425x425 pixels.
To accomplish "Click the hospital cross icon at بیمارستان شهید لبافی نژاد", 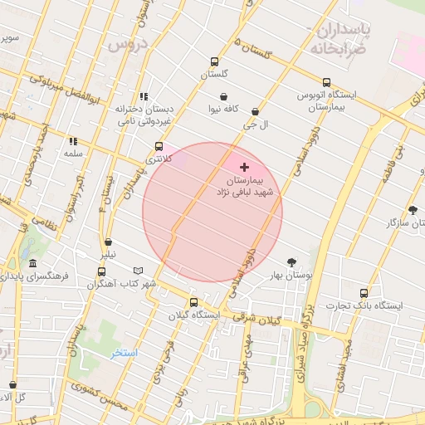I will [244, 167].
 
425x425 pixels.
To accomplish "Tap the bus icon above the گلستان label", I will [215, 61].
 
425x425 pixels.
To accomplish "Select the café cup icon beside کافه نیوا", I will [224, 96].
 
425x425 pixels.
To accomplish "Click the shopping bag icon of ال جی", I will [255, 111].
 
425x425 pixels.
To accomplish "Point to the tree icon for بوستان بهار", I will [291, 261].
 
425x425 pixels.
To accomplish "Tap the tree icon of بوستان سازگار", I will [413, 210].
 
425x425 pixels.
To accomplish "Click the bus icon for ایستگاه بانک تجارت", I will [364, 293].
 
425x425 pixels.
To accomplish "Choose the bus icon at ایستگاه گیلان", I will [193, 303].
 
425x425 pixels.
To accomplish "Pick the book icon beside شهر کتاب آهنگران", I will [138, 271].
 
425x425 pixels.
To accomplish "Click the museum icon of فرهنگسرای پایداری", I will [32, 263].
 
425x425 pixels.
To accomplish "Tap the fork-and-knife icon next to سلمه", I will [73, 141].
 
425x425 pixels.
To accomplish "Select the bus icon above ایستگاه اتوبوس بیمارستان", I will [326, 82].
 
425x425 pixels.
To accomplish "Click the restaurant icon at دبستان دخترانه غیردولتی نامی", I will [144, 96].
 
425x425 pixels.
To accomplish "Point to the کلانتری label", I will [155, 158].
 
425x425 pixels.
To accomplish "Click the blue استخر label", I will [125, 353].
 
